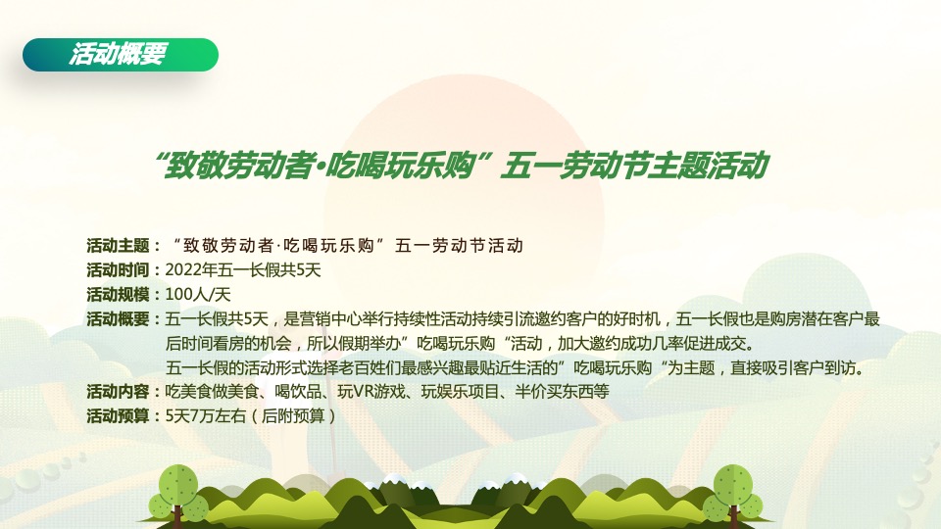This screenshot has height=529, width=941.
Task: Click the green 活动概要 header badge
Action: click(120, 55)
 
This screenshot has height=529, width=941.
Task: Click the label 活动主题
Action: click(117, 245)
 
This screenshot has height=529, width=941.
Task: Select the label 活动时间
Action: click(117, 269)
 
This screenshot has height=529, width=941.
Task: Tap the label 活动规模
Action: click(117, 294)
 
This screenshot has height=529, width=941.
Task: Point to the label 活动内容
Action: click(117, 392)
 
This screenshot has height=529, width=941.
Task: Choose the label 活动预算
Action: click(117, 416)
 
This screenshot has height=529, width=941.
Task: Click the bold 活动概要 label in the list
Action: click(117, 318)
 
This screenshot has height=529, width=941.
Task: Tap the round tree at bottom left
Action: click(179, 490)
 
